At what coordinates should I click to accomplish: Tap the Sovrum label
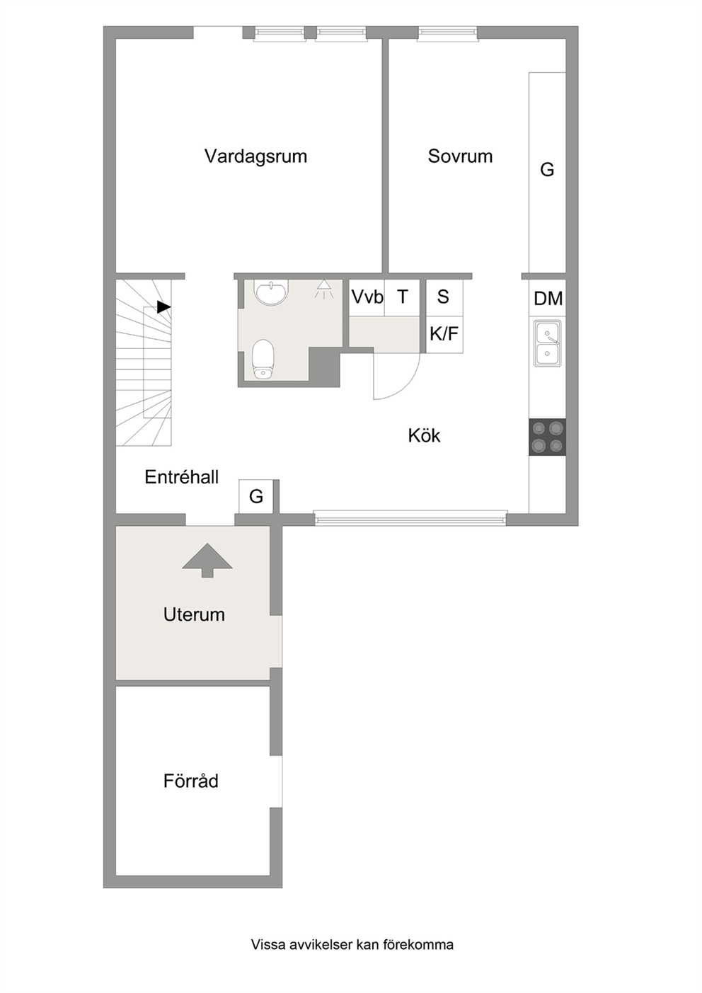coord(460,156)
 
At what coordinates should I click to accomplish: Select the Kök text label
coord(424,435)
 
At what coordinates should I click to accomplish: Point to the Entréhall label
coord(182,477)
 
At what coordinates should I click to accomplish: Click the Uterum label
coord(194,614)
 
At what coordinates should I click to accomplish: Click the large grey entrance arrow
coord(207,561)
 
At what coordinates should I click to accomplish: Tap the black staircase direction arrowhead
coord(163,306)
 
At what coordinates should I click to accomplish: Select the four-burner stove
coord(547,437)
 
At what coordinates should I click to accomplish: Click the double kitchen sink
coord(547,343)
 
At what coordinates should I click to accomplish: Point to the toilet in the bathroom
coord(263,359)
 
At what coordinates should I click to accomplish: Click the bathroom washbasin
coord(271,292)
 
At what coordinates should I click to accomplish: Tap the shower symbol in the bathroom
coord(324,289)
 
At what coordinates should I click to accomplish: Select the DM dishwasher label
coord(548,299)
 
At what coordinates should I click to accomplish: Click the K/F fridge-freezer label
coord(444,333)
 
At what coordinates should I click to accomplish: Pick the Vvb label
coord(367,297)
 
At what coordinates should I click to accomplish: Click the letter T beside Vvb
coord(403,297)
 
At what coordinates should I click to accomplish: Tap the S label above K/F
coord(443,297)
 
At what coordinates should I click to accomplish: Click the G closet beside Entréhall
coord(256,497)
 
